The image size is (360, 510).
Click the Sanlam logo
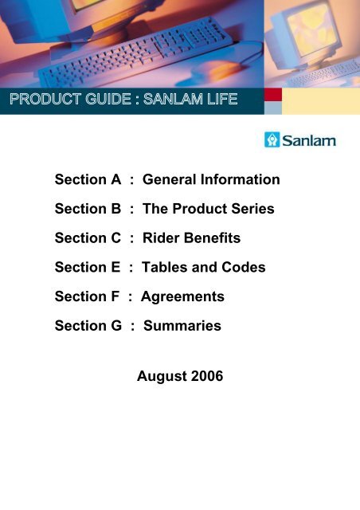click(300, 140)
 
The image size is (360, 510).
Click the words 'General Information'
click(211, 180)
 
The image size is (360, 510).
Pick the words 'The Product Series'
click(209, 209)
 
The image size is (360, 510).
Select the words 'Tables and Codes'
click(204, 268)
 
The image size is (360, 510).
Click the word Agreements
click(182, 296)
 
